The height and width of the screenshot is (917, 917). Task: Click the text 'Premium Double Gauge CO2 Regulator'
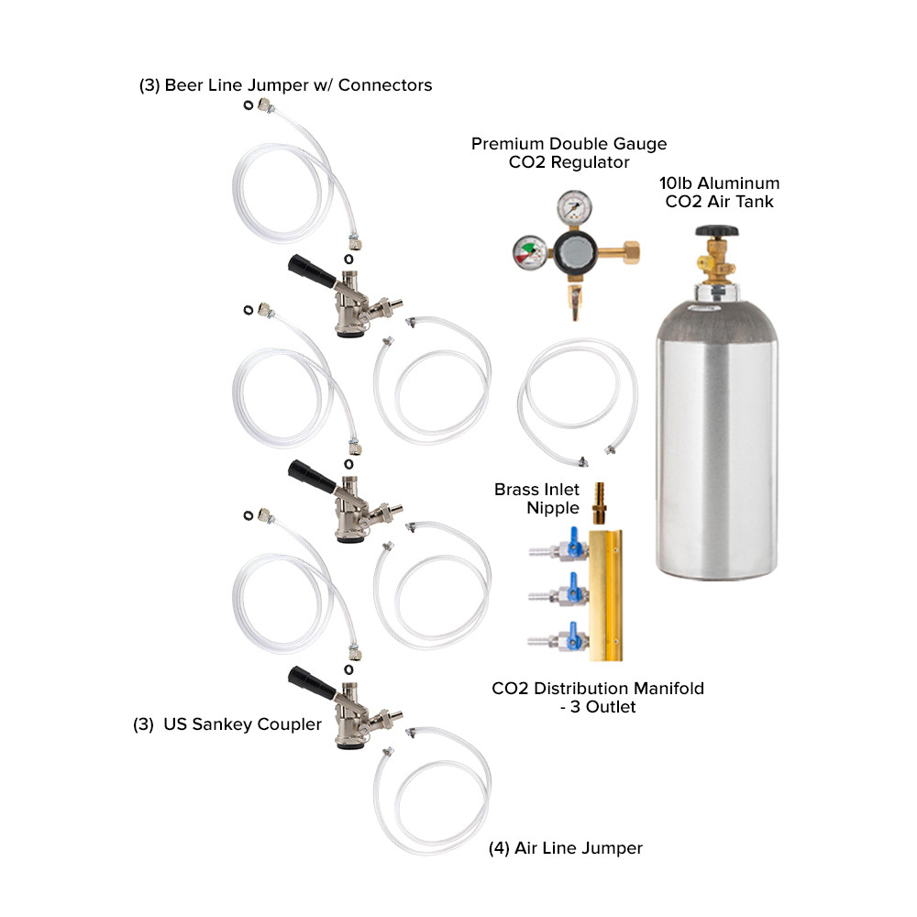pos(569,153)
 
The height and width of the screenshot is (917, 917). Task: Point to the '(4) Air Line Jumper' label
pos(566,848)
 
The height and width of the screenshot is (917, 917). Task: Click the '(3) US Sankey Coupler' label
pos(228,724)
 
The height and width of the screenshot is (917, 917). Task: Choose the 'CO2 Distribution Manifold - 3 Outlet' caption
pos(598,697)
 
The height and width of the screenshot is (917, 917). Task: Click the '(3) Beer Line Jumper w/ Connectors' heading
pos(285,85)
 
